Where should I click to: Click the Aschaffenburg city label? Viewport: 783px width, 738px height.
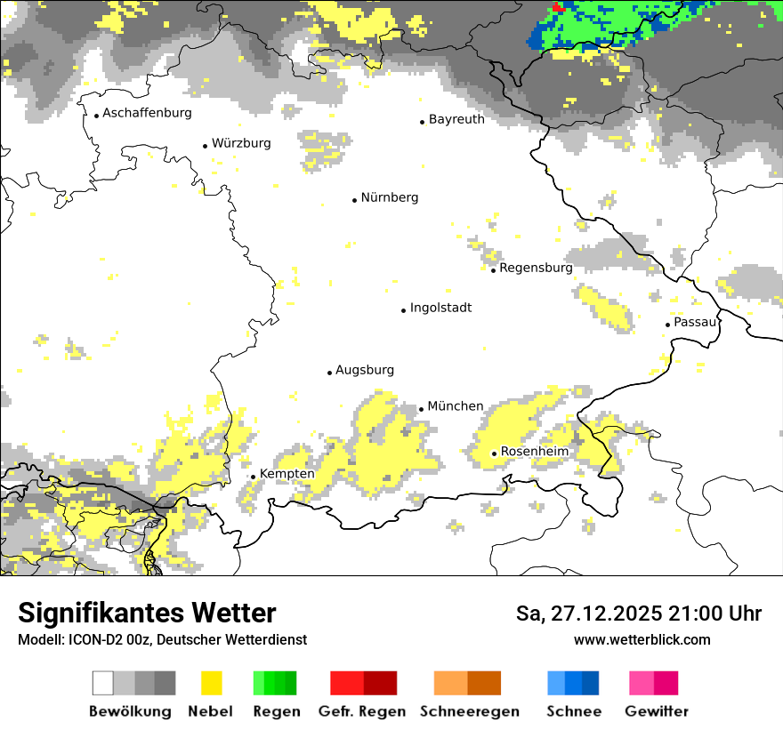[147, 113]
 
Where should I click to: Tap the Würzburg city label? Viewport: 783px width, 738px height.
[241, 143]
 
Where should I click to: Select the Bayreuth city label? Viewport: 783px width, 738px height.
[456, 119]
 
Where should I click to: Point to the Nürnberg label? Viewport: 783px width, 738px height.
[389, 197]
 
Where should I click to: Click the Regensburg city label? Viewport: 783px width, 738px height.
[536, 268]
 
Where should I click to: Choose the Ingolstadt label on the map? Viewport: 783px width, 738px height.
[440, 308]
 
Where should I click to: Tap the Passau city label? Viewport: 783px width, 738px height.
[695, 322]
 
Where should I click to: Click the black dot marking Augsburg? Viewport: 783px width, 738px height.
[329, 373]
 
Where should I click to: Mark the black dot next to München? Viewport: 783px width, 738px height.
[421, 409]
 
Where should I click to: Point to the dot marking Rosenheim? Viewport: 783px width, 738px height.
[494, 453]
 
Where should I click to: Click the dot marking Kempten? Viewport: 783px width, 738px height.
[253, 477]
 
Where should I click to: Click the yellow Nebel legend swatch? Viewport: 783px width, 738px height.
[211, 683]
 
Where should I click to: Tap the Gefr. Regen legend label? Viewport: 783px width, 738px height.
[362, 711]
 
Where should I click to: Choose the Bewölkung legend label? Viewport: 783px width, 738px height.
[130, 711]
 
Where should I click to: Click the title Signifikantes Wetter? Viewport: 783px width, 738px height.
[147, 613]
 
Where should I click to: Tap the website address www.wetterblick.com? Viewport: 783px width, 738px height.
[642, 639]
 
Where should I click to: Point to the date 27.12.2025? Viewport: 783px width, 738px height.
[604, 614]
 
